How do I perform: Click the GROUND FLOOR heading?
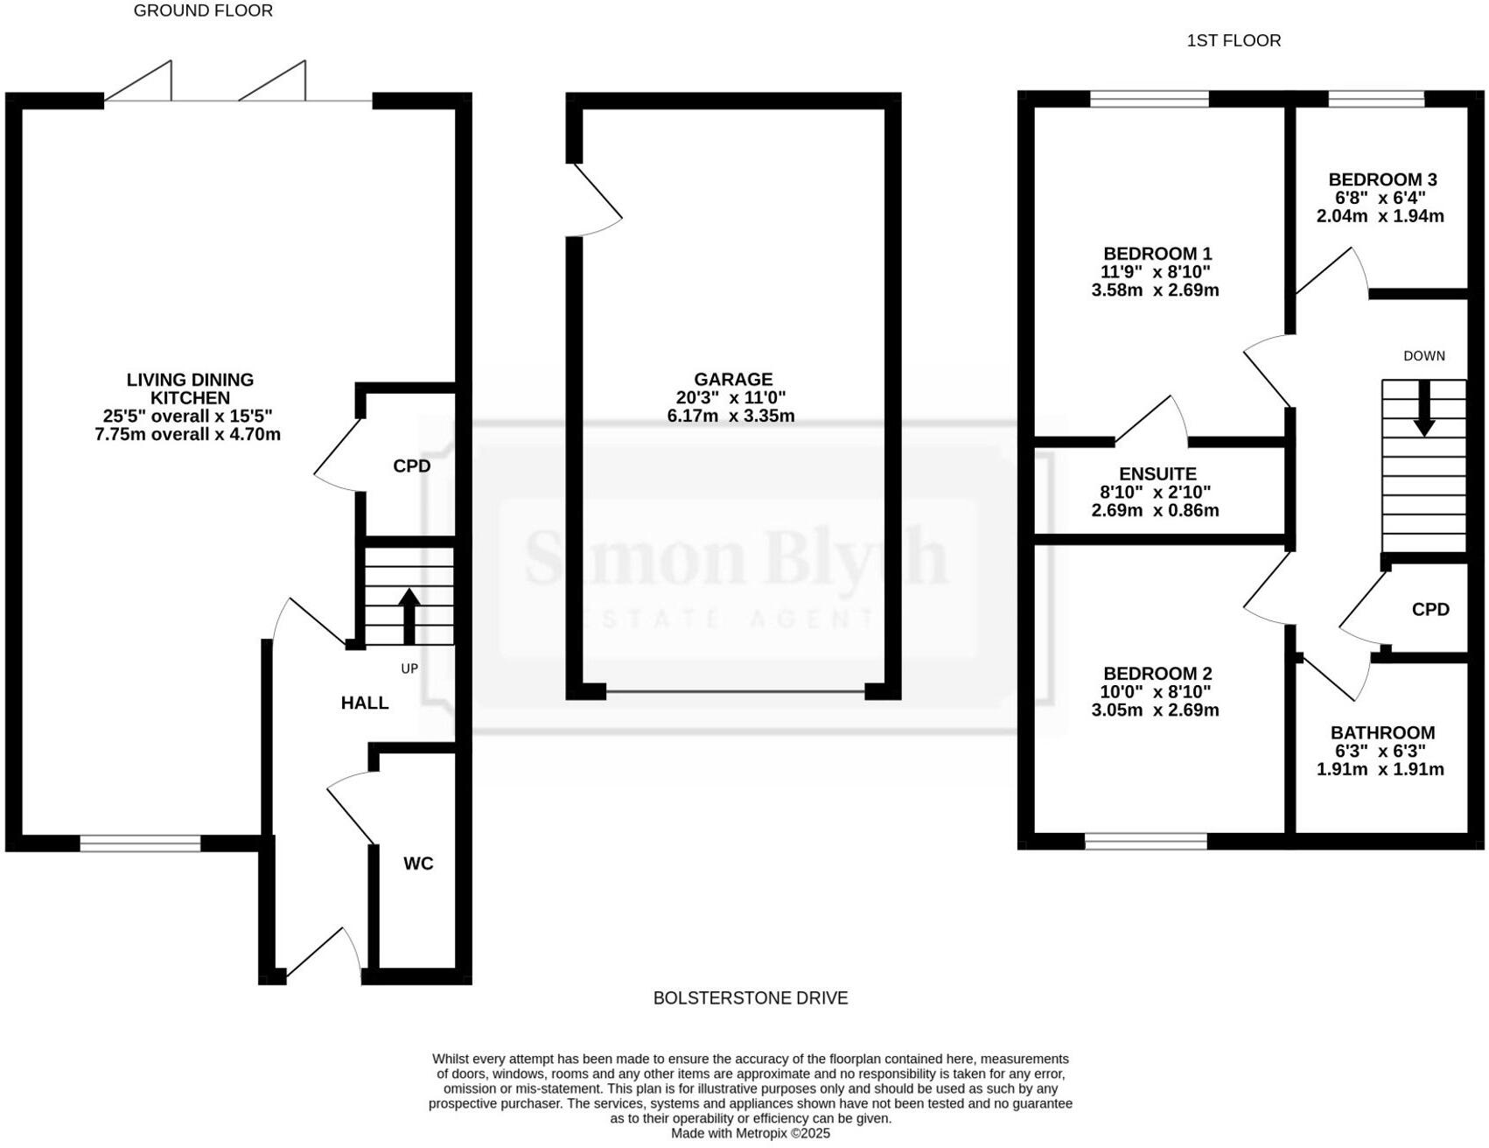(203, 11)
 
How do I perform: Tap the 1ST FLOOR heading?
(1234, 40)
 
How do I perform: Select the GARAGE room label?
(733, 379)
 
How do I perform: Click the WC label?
(418, 864)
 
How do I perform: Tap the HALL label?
(365, 703)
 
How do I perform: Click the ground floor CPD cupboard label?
(411, 466)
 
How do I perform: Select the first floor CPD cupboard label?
(1430, 609)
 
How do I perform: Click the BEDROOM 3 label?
(1382, 179)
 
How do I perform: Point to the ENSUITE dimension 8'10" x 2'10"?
(1155, 493)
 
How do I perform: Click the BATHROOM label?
(1382, 732)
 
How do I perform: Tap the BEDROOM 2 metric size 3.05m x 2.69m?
(1155, 710)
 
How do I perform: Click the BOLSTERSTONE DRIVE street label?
(751, 997)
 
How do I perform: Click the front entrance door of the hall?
(322, 954)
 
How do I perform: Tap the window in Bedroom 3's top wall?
(1376, 99)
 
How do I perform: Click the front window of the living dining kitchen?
(140, 843)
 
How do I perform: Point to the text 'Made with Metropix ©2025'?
(751, 1133)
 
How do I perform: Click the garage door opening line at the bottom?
(735, 692)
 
